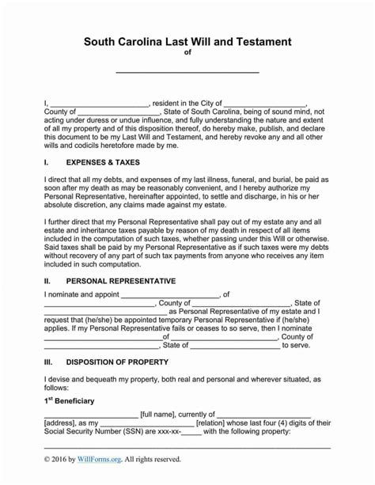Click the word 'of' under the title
coord(187,55)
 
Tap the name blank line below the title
coord(187,72)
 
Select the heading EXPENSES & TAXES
coord(103,162)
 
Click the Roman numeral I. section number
coord(46,162)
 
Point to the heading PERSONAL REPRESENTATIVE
coord(121,281)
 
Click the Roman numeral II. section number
coord(47,281)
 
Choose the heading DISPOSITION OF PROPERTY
coord(117,362)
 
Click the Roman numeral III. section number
coord(48,362)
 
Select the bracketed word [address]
coord(60,423)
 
